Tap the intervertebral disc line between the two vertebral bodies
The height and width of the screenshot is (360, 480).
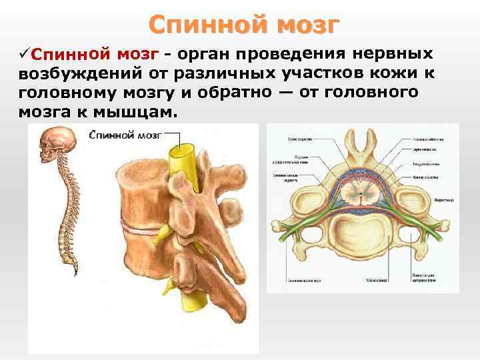(140, 231)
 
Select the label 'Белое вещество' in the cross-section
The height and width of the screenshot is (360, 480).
(289, 138)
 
